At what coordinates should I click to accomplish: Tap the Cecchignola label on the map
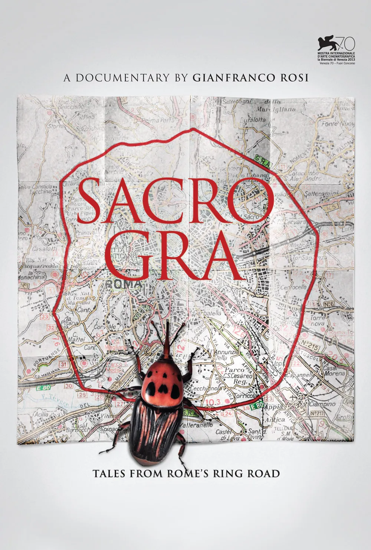click(x=204, y=388)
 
